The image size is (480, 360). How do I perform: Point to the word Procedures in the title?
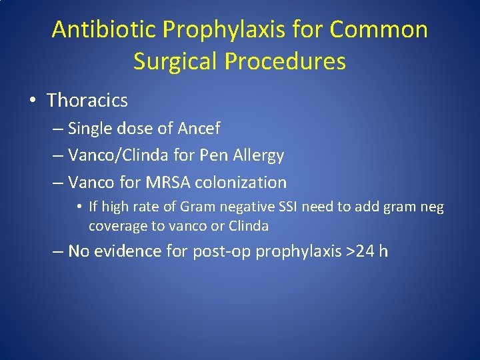285,61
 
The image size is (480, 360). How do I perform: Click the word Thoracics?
87,101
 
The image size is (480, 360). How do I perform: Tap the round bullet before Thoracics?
32,101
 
